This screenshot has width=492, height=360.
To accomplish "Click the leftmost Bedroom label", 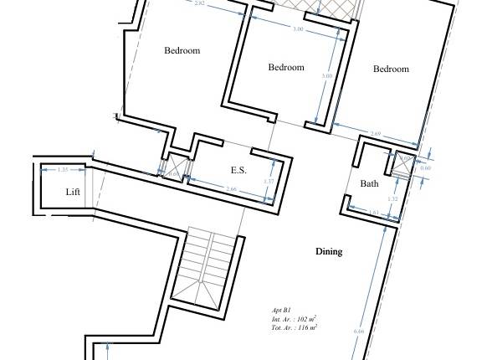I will [182, 50].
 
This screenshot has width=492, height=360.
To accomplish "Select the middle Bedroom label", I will [285, 67].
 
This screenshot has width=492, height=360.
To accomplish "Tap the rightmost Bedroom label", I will [391, 69].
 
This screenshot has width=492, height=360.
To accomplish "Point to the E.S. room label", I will [238, 170].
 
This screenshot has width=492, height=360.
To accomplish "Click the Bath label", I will [369, 183].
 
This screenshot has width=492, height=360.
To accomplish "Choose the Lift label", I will [74, 192].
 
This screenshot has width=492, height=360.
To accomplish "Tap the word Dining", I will [329, 251].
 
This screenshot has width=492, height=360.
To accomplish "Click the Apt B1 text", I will [283, 309].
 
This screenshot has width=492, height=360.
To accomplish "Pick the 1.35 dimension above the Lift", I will [63, 170].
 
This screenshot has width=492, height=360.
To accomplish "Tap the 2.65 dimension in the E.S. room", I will [231, 189].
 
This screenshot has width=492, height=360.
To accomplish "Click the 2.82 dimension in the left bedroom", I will [199, 3].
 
